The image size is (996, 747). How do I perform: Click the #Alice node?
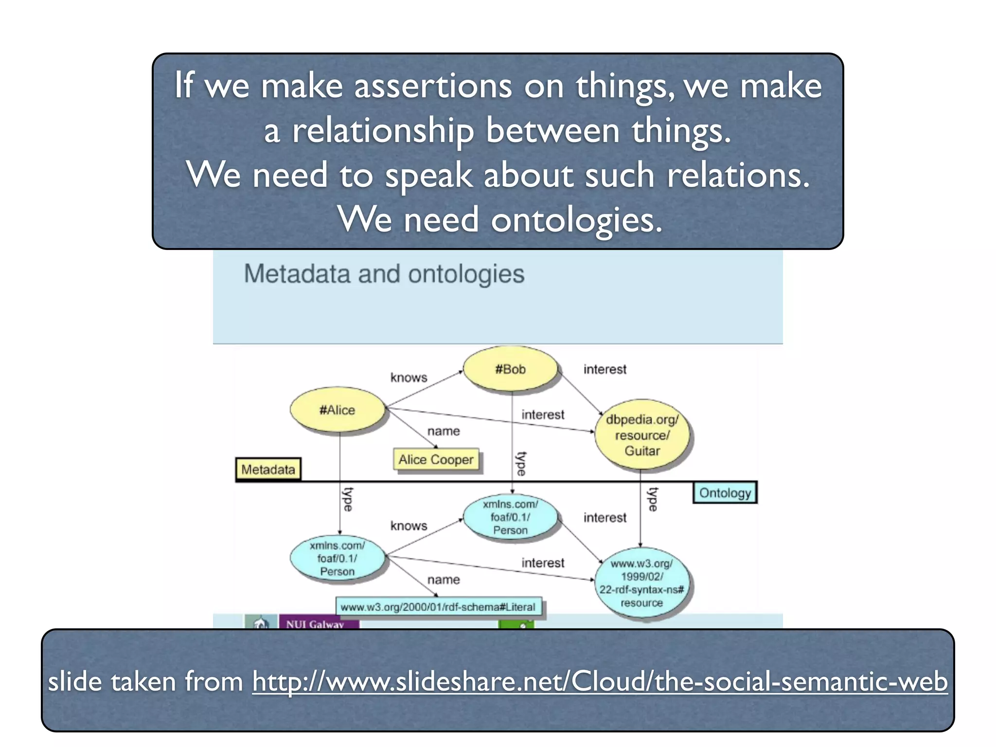tap(337, 410)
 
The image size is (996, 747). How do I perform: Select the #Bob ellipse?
tap(510, 369)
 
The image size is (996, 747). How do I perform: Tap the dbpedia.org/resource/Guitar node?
tap(642, 435)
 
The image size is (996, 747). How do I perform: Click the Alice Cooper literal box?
tap(436, 460)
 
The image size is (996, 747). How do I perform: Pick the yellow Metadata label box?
tap(268, 469)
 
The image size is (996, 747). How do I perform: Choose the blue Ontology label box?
tap(725, 493)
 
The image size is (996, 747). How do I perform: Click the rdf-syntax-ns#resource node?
tap(641, 583)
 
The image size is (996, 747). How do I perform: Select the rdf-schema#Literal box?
tap(438, 607)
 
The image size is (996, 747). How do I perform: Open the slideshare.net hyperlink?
tap(600, 681)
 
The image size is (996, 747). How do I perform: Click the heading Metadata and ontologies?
tap(384, 274)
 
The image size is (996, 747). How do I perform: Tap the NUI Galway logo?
tap(315, 623)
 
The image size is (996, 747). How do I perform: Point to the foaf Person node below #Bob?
tap(510, 517)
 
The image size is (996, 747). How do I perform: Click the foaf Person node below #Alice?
tap(337, 558)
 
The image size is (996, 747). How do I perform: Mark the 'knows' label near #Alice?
tap(409, 377)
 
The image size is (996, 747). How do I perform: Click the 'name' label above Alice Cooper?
tap(444, 431)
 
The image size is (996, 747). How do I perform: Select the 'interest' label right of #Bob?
tap(605, 369)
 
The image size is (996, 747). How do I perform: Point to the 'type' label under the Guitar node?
tap(653, 499)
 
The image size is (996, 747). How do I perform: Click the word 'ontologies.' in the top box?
tap(576, 220)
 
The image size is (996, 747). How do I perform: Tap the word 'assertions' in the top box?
tap(433, 86)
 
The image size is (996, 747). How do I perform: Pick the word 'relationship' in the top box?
tap(383, 131)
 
